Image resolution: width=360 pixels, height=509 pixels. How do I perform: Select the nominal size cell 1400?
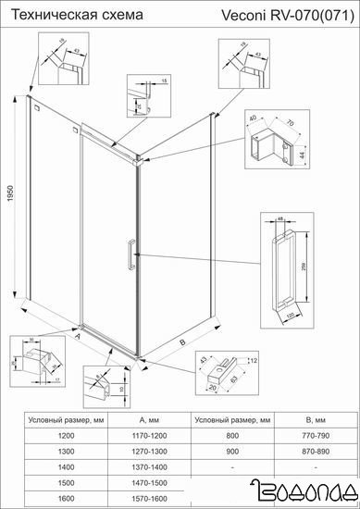(66, 466)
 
